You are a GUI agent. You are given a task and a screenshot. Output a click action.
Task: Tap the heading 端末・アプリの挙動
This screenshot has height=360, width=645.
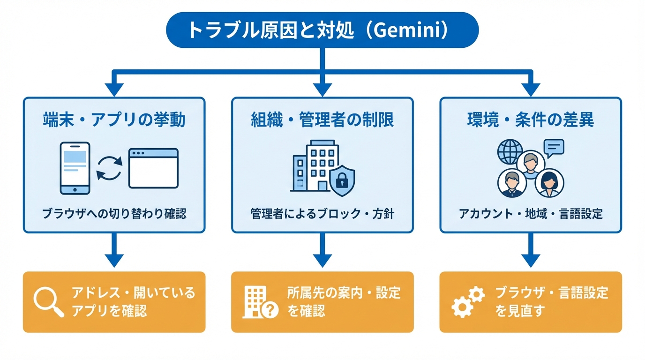[114, 120]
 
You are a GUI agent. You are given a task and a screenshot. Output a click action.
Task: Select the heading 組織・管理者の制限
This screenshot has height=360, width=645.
[322, 120]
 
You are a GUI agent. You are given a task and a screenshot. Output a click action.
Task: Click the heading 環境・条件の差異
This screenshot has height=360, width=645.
[531, 120]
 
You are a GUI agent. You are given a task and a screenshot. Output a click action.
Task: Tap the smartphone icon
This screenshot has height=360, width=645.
[75, 168]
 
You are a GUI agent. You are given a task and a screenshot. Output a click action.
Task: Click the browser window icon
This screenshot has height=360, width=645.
[153, 168]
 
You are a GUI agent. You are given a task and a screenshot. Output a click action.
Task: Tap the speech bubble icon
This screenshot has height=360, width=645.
[554, 148]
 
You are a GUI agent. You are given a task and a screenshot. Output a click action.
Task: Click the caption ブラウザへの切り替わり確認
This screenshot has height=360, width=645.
[114, 214]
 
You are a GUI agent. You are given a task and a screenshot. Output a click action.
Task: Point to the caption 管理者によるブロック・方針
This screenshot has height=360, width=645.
[322, 214]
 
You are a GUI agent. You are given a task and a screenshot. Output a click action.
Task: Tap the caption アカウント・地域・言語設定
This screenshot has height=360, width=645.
[531, 214]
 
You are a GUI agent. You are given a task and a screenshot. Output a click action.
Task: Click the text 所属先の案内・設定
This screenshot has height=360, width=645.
[344, 293]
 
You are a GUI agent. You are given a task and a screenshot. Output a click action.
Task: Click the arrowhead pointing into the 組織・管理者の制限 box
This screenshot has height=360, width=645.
[322, 89]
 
